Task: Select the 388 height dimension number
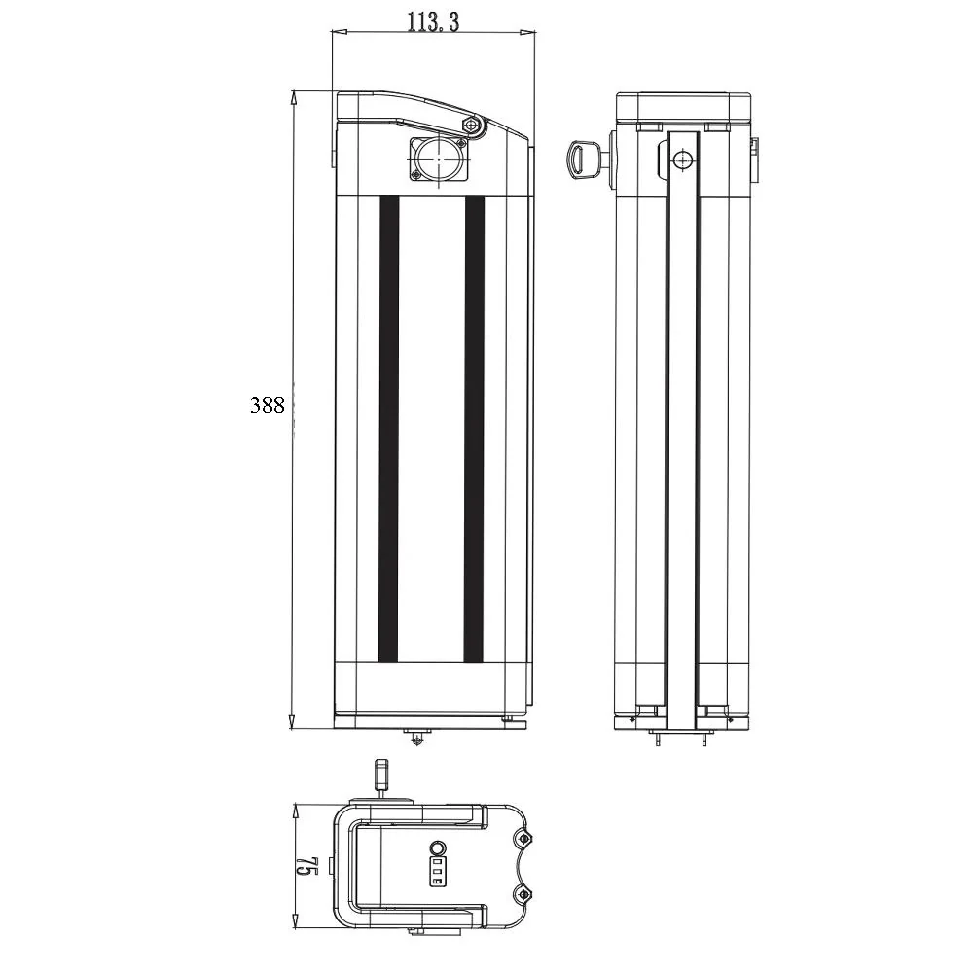267,406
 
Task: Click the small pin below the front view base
417,740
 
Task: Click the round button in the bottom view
438,848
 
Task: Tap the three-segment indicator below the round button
437,872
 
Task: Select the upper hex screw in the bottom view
524,837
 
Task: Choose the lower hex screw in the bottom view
524,894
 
